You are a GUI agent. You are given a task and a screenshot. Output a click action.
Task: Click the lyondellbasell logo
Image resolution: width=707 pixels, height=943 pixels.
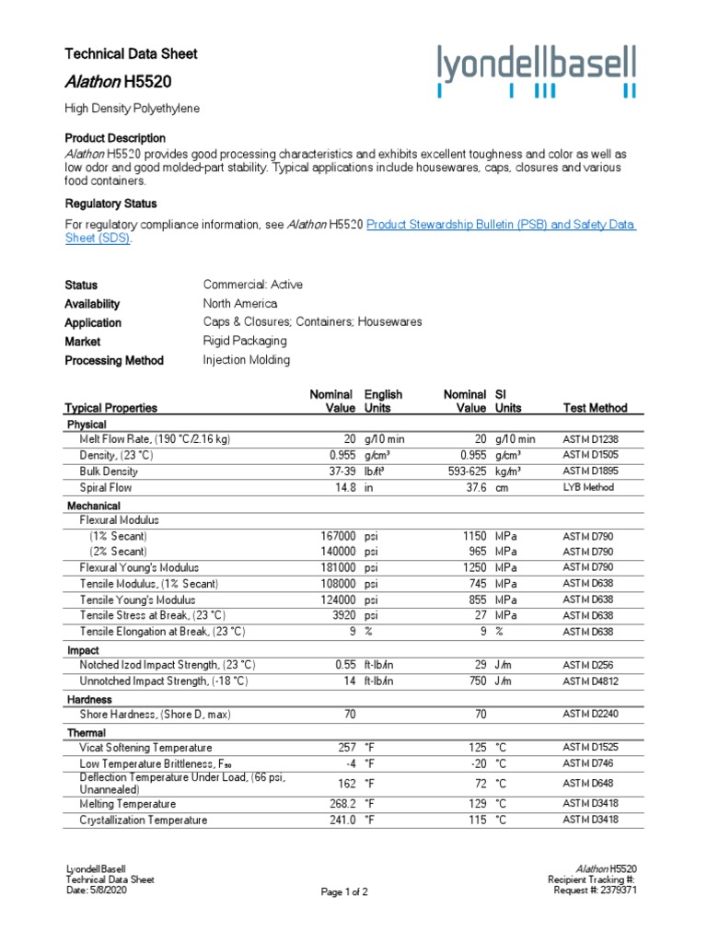click(x=536, y=70)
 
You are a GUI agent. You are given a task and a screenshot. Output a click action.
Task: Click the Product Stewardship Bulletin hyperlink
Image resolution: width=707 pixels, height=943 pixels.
click(x=501, y=225)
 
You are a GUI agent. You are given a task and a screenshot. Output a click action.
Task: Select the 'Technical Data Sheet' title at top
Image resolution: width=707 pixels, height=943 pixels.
click(x=131, y=54)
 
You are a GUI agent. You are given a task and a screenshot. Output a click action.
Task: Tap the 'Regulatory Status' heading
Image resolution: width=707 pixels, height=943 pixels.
click(x=110, y=204)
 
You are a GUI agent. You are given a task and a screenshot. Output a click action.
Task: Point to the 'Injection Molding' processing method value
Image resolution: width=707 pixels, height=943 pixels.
click(x=246, y=360)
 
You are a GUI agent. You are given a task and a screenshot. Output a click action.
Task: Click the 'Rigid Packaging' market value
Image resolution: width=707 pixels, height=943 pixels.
click(x=245, y=341)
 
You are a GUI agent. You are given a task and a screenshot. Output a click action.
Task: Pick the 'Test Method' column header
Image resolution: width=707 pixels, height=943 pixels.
click(x=595, y=408)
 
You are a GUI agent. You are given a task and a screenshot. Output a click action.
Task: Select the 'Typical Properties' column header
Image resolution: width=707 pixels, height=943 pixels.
click(x=110, y=408)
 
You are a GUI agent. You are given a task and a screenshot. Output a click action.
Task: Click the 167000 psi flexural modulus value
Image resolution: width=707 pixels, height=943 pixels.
click(x=334, y=536)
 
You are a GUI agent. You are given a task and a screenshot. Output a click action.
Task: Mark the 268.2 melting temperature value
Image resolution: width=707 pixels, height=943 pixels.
click(x=340, y=804)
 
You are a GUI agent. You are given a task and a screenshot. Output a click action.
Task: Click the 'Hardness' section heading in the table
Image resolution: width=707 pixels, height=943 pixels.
click(x=89, y=700)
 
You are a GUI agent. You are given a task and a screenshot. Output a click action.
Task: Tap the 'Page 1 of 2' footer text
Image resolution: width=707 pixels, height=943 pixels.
click(x=344, y=892)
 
